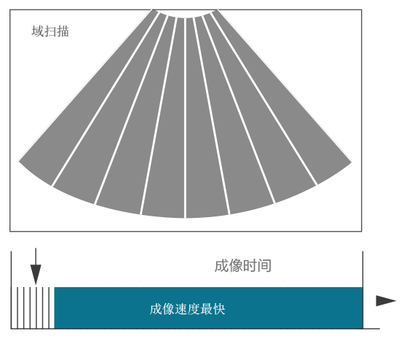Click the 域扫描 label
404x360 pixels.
(50, 31)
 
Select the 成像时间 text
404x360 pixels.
(242, 266)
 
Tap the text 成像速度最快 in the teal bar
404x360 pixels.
(187, 309)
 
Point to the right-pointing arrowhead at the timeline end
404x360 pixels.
(386, 301)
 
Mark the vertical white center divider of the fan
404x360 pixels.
(185, 118)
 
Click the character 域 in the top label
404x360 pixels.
(38, 31)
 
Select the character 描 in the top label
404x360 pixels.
(63, 31)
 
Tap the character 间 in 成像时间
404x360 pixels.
(264, 266)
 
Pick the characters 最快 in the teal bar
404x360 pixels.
(213, 309)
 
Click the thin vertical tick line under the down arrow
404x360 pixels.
(36, 308)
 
